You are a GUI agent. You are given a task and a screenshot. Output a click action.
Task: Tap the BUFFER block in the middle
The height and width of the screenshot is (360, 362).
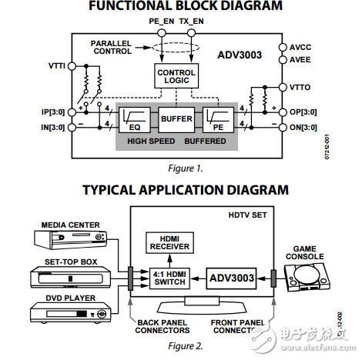[176, 120]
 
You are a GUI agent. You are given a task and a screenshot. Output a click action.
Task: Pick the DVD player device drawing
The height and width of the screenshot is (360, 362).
[65, 314]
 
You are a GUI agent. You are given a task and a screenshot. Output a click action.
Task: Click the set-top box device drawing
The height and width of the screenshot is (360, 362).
[65, 278]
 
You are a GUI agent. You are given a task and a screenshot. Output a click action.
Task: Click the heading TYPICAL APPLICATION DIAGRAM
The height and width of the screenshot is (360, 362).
[186, 189]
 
